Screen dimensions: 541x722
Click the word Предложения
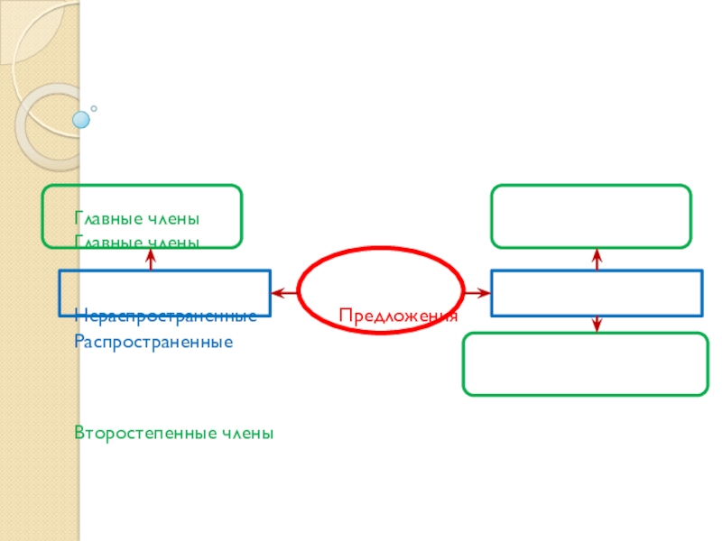tap(398, 316)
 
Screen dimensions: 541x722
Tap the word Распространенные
tap(153, 343)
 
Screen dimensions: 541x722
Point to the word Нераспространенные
tap(165, 316)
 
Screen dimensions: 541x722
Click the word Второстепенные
tap(143, 434)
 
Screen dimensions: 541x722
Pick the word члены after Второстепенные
tap(244, 434)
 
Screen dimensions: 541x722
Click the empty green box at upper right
tap(591, 215)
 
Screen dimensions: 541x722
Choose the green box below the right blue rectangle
tap(586, 364)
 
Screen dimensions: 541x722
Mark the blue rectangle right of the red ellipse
tap(597, 292)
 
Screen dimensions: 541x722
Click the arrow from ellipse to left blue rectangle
tap(284, 292)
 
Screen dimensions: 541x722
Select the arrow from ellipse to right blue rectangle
tap(477, 292)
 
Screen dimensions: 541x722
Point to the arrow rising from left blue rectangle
tap(151, 259)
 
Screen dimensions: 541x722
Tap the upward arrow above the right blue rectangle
tap(597, 259)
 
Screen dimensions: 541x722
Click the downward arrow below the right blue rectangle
tap(597, 324)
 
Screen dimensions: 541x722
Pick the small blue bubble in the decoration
tap(82, 118)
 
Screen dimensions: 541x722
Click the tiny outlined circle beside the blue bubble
tap(94, 109)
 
